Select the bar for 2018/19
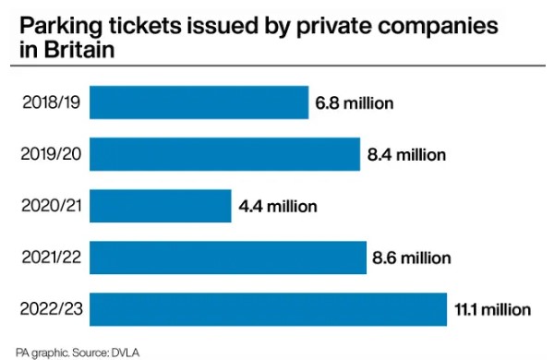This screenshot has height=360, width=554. (x=199, y=102)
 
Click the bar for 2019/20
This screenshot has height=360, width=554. (x=224, y=154)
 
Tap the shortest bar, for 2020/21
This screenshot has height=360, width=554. (x=160, y=206)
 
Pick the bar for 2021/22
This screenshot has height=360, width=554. (x=227, y=258)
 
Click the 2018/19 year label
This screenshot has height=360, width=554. (x=46, y=102)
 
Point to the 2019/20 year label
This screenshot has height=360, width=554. (x=46, y=154)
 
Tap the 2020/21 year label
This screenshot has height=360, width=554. (x=46, y=206)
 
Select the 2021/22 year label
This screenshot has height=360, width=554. (x=46, y=258)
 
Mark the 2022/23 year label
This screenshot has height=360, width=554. (x=46, y=309)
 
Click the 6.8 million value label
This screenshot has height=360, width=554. (x=355, y=102)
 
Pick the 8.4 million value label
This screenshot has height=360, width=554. (x=406, y=154)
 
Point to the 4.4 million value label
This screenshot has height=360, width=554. (x=277, y=206)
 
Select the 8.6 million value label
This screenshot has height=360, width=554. (x=412, y=258)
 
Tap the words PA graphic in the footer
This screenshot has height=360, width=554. (x=33, y=352)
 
